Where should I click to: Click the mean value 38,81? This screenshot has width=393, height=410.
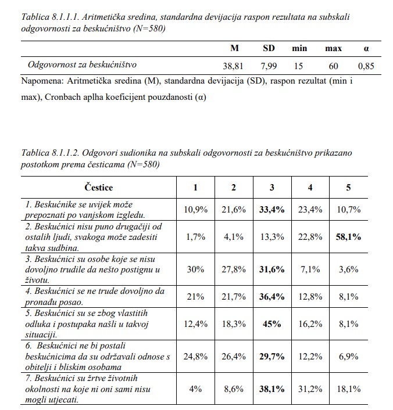coord(236,66)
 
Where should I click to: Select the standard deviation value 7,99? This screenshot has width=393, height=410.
coord(270,66)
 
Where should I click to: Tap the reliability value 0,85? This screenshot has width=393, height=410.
coord(366,66)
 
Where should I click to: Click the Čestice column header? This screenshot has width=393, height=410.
coord(98,188)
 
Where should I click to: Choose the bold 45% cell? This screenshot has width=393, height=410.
coord(272,324)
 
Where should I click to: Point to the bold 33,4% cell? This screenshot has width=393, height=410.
coord(272,209)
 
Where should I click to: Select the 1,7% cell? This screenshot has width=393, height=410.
coord(195,238)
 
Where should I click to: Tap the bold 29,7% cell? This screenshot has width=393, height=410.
coord(272,357)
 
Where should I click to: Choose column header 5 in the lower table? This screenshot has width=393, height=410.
coord(348,188)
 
